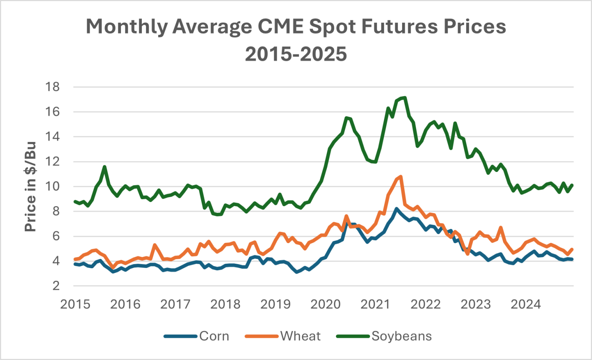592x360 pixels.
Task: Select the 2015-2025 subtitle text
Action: point(296,54)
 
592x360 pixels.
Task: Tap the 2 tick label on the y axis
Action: point(56,286)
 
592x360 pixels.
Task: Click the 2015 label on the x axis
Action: point(75,304)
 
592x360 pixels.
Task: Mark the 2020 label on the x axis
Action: point(326,304)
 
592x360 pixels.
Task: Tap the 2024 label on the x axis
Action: point(526,304)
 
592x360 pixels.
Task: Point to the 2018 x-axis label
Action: point(225,304)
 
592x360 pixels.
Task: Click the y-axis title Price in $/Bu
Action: point(30,186)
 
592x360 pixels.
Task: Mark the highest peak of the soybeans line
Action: point(405,98)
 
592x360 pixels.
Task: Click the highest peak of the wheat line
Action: point(400,177)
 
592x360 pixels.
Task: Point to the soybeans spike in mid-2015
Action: point(105,167)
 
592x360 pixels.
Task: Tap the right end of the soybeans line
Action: point(572,185)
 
